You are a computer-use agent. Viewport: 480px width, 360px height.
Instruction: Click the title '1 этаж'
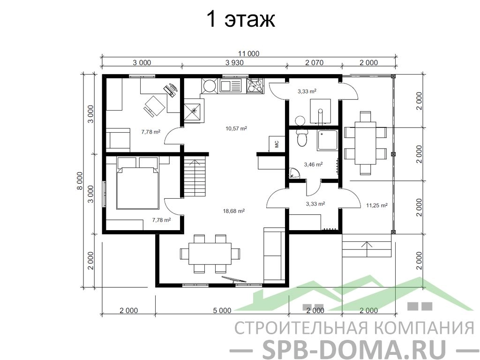point(241,19)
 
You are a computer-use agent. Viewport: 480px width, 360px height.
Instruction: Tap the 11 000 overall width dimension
point(248,54)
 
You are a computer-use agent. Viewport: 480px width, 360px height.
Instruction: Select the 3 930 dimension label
point(234,63)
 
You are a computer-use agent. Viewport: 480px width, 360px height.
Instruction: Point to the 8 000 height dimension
point(79,181)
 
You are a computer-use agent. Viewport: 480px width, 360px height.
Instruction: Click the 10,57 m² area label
point(236,128)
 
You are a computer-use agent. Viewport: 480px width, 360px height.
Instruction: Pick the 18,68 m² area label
point(234,211)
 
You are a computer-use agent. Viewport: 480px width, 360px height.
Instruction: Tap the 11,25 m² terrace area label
point(377,205)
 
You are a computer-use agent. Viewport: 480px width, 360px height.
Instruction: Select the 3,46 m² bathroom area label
point(313,165)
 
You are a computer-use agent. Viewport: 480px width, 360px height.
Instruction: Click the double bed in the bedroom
point(137,183)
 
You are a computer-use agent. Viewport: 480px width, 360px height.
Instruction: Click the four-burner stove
point(255,85)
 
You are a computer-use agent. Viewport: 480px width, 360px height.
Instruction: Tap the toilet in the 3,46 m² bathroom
point(302,137)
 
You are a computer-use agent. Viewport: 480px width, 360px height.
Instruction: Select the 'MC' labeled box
point(277,143)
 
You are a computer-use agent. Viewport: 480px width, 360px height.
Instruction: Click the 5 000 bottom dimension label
point(222,311)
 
